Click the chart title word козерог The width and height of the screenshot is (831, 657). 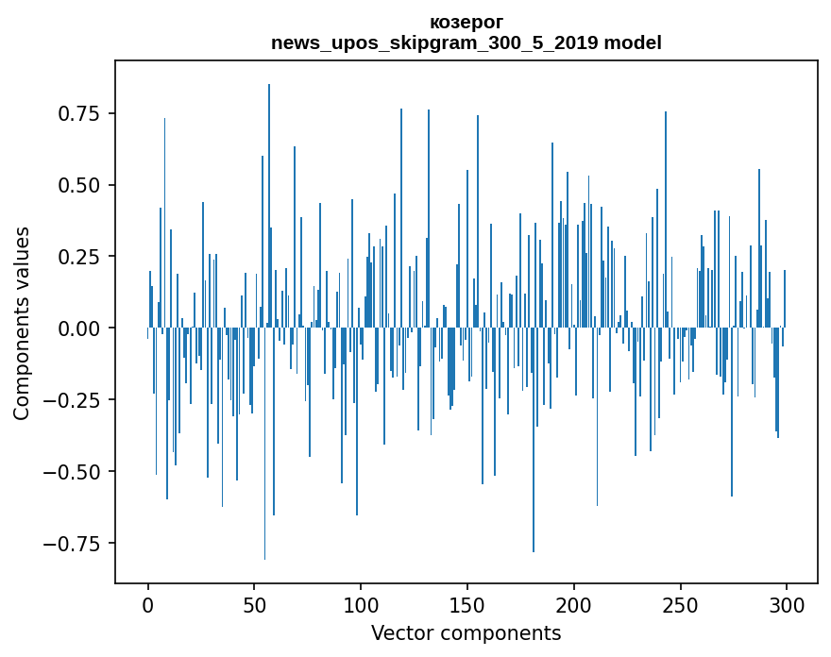(x=466, y=22)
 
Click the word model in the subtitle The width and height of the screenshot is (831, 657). (x=632, y=42)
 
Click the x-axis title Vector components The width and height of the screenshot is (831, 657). (x=466, y=633)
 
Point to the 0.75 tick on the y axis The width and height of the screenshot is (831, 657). (x=79, y=113)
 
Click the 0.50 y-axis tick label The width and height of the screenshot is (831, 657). (x=79, y=185)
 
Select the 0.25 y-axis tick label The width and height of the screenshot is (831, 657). (x=79, y=257)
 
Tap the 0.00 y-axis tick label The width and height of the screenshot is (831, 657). (x=79, y=328)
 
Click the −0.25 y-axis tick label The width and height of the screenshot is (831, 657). (x=74, y=400)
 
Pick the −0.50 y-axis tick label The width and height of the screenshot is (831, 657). (x=74, y=472)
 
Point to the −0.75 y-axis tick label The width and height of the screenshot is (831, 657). (x=74, y=544)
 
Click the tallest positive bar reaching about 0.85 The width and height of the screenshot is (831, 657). (x=269, y=189)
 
